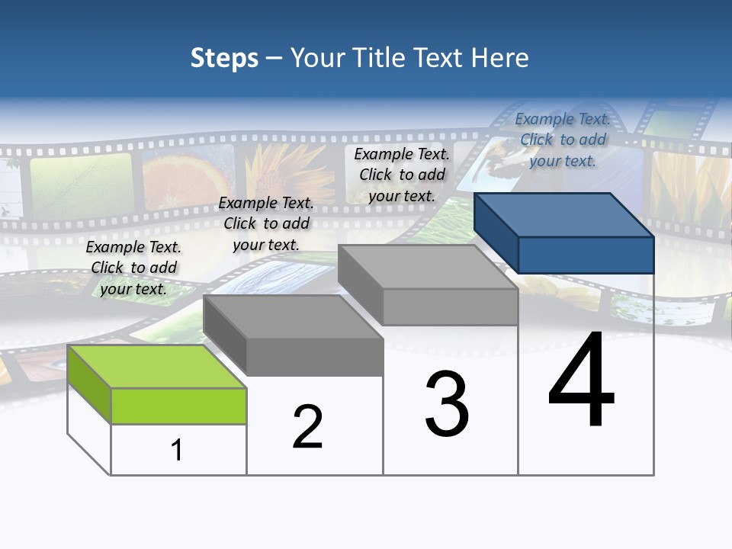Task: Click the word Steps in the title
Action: point(224,58)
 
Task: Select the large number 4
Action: point(581,380)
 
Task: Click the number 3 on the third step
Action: point(447,405)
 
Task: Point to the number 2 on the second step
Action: point(307,427)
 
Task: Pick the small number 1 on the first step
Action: point(177,451)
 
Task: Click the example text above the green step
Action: point(133,268)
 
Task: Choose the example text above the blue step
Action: point(563,140)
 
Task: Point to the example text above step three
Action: point(402,175)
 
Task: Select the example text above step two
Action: point(266,223)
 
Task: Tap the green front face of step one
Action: point(178,406)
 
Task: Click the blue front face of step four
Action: point(586,255)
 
